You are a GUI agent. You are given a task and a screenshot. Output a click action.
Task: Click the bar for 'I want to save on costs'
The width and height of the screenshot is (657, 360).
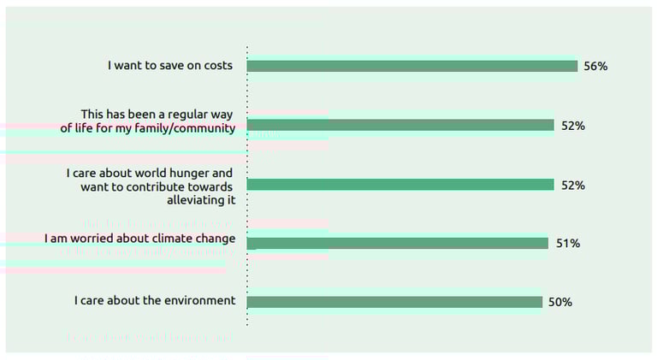[411, 66]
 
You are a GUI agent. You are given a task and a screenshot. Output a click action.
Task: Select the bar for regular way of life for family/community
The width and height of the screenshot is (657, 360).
[400, 126]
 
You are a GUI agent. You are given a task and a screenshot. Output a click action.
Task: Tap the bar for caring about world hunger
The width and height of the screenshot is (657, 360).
[400, 185]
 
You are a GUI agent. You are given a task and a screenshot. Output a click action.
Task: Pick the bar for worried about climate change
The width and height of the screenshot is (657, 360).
[397, 244]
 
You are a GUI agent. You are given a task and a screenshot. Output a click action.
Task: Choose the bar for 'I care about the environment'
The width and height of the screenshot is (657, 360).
[394, 302]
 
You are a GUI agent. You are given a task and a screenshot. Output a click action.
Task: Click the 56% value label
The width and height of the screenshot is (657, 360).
[595, 66]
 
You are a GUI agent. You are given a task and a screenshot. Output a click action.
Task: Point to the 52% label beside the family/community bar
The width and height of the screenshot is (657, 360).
[572, 126]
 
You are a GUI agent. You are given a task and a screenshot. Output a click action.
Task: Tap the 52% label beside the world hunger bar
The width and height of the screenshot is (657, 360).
[572, 185]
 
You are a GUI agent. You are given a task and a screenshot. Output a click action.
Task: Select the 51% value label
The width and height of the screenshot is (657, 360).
[568, 244]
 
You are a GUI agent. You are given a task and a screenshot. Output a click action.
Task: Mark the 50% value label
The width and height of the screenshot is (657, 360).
[560, 302]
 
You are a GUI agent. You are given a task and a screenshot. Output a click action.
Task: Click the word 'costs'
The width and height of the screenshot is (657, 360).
[216, 65]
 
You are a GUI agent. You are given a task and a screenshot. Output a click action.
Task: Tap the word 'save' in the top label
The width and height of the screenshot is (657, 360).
[175, 65]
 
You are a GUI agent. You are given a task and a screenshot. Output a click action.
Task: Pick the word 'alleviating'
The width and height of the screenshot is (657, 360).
[194, 201]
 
